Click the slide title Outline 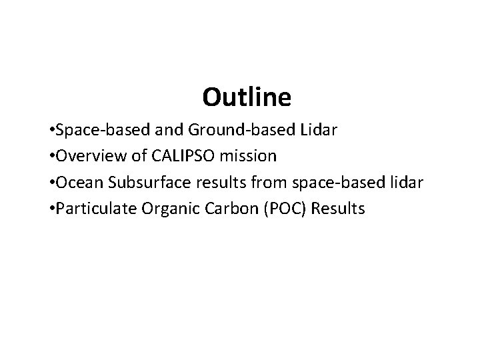247,98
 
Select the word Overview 88,157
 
